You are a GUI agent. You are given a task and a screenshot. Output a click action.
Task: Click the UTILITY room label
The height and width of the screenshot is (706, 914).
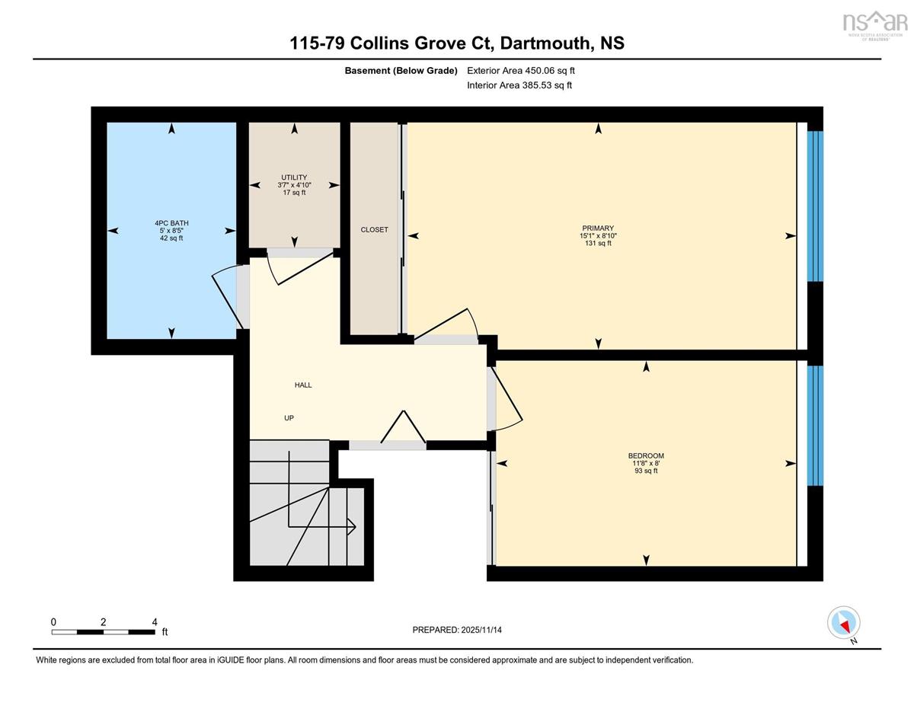click(x=294, y=177)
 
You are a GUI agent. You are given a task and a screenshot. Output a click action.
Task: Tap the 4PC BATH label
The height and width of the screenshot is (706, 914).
click(x=171, y=223)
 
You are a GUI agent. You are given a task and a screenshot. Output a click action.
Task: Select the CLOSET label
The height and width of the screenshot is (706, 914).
click(x=374, y=229)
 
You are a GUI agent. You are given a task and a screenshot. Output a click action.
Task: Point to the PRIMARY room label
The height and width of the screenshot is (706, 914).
click(x=598, y=228)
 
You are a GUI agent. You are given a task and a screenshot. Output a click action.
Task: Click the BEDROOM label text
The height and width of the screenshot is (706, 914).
click(x=646, y=455)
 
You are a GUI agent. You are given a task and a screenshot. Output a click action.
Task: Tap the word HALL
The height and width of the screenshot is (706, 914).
click(x=303, y=385)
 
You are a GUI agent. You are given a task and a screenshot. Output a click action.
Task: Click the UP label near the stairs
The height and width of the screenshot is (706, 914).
click(x=289, y=418)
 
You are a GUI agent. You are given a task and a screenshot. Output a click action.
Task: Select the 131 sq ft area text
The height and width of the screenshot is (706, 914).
click(x=598, y=243)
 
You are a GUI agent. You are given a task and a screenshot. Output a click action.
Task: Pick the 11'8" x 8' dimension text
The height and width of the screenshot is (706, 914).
click(x=646, y=463)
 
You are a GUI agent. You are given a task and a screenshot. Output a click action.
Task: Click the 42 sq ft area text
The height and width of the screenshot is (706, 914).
click(x=171, y=238)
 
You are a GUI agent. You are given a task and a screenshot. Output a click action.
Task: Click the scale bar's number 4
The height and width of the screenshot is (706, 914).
click(x=155, y=622)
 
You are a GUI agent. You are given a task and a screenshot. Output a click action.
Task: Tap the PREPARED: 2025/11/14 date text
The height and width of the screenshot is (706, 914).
click(x=457, y=630)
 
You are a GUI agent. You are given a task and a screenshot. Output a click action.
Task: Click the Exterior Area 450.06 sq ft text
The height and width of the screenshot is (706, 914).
click(x=521, y=71)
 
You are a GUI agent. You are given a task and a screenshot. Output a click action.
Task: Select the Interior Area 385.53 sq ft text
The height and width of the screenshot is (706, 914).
click(x=519, y=85)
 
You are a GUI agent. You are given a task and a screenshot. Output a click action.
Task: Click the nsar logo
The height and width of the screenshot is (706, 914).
click(x=874, y=23)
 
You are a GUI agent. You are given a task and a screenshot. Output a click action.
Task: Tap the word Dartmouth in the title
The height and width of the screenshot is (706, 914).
click(x=545, y=43)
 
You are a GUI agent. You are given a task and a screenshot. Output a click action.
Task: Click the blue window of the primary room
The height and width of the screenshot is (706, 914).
click(x=815, y=206)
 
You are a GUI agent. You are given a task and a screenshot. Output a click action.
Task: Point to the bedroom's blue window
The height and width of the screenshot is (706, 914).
click(x=815, y=426)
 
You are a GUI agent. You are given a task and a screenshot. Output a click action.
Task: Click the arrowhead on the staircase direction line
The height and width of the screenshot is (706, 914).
click(x=352, y=526)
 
